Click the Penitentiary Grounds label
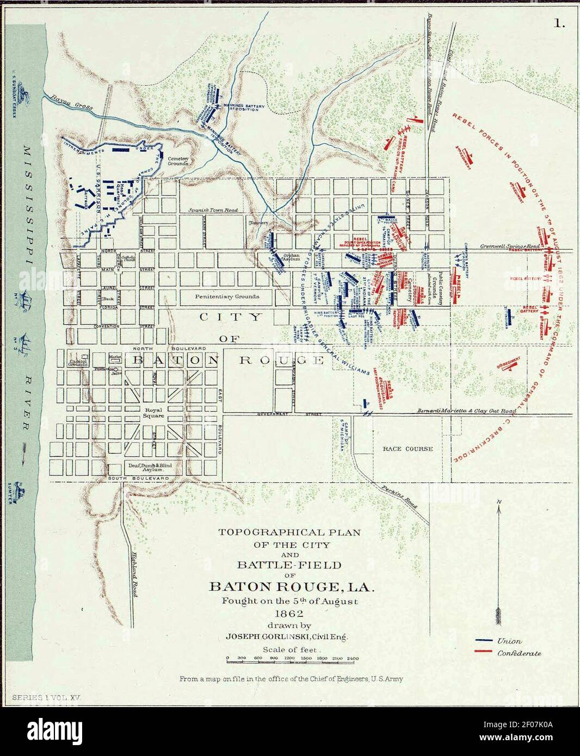(227, 296)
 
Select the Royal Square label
(153, 412)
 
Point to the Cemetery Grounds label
(178, 160)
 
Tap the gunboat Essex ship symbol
(23, 95)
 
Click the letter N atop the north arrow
(498, 500)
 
